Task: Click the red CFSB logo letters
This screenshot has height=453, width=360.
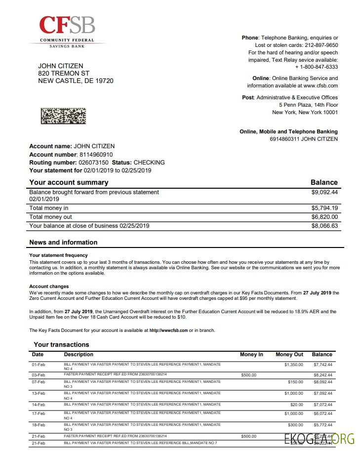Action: click(x=67, y=25)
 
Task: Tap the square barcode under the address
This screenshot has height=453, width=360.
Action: click(x=63, y=116)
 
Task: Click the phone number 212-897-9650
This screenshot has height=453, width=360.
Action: click(x=321, y=45)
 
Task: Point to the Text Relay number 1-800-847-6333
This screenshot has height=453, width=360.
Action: click(x=318, y=67)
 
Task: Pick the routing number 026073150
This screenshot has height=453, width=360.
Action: click(x=93, y=163)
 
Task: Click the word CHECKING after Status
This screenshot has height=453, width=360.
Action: click(x=149, y=163)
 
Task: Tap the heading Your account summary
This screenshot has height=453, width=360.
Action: click(x=69, y=182)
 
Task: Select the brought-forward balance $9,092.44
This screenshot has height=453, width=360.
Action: click(x=324, y=192)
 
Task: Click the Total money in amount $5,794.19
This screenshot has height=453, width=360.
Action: click(x=324, y=208)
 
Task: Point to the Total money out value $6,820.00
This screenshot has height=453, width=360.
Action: click(x=324, y=217)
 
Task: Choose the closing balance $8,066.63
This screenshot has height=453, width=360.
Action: click(x=324, y=226)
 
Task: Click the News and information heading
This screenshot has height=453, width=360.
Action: click(x=63, y=243)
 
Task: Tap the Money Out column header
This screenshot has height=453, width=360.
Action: click(x=289, y=355)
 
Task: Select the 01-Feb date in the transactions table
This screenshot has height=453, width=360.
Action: click(x=38, y=365)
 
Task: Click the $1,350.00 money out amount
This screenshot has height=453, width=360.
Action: click(x=293, y=365)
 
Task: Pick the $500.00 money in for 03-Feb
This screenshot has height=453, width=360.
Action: click(x=249, y=375)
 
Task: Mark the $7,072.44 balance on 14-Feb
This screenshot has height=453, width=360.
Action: click(x=323, y=405)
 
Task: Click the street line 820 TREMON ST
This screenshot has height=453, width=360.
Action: click(x=64, y=73)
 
